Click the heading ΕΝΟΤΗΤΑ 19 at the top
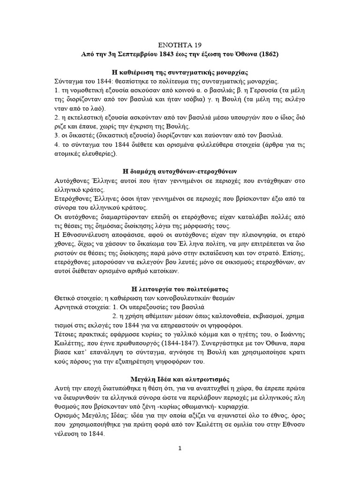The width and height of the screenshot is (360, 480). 180,45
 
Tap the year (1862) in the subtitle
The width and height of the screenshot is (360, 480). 267,54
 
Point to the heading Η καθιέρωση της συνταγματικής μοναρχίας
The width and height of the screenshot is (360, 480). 180,73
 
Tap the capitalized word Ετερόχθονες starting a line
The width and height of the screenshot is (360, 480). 73,199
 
